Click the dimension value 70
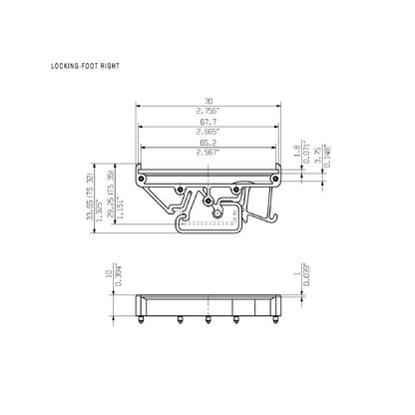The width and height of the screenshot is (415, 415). (x=207, y=101)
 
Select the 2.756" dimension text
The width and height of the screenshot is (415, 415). (x=207, y=111)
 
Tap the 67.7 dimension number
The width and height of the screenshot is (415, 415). (x=207, y=123)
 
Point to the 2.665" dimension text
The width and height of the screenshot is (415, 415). (x=207, y=133)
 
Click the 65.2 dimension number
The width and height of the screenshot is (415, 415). (x=207, y=145)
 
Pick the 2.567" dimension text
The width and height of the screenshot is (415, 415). (x=207, y=155)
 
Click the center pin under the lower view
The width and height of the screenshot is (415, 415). (x=207, y=320)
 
